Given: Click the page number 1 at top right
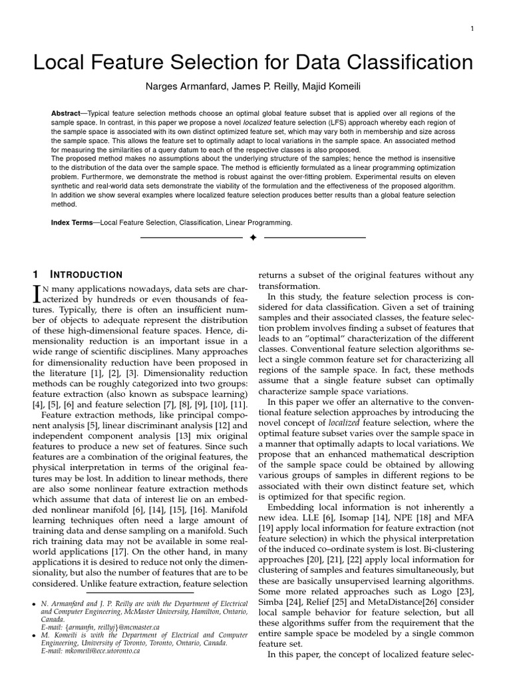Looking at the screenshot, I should coord(472,29).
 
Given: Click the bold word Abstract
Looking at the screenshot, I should coord(65,113).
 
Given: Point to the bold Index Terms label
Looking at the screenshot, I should coord(73,222).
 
